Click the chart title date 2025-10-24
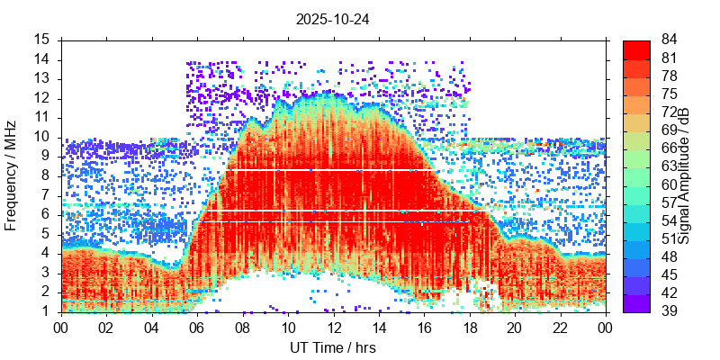(332, 18)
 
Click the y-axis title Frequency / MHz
(12, 176)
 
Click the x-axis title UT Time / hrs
(332, 347)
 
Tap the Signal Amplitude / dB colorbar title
(685, 176)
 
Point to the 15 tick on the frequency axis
(42, 40)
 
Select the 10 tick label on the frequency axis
(42, 137)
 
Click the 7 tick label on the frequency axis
(46, 195)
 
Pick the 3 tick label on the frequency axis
(46, 273)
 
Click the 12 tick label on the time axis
(333, 328)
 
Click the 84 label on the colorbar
(670, 40)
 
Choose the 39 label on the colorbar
(670, 311)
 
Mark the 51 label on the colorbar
(670, 239)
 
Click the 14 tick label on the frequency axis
(42, 59)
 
